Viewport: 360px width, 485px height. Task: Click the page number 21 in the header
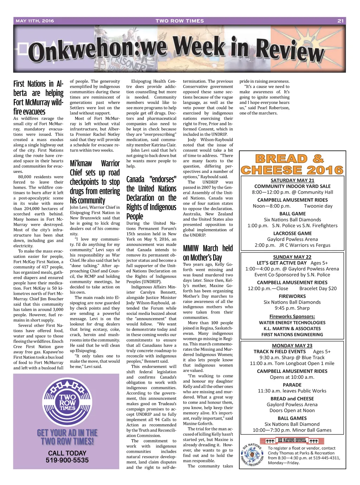pos(340,21)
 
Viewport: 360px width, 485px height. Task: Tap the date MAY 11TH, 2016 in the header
pos(35,21)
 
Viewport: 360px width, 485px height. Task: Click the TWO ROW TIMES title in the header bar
pos(180,21)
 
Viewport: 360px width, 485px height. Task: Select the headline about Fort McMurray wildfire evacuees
pos(38,98)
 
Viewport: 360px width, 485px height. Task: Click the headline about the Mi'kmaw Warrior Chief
pos(95,182)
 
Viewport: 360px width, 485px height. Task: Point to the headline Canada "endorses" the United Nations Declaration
pos(151,198)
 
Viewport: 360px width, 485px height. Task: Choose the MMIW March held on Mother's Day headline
pos(208,253)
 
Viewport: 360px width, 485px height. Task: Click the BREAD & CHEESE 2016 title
pos(292,164)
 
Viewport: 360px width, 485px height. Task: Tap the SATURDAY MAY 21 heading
pos(292,180)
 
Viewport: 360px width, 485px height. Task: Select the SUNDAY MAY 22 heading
pos(292,257)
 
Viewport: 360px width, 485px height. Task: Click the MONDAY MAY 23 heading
pos(292,345)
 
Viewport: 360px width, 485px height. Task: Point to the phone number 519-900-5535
pos(67,460)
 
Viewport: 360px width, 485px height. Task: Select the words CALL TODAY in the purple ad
pos(67,453)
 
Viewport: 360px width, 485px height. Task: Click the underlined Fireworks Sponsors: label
pos(292,316)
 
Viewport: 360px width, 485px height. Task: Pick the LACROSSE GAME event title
pos(292,233)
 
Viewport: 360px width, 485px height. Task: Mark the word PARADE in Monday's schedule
pos(292,385)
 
